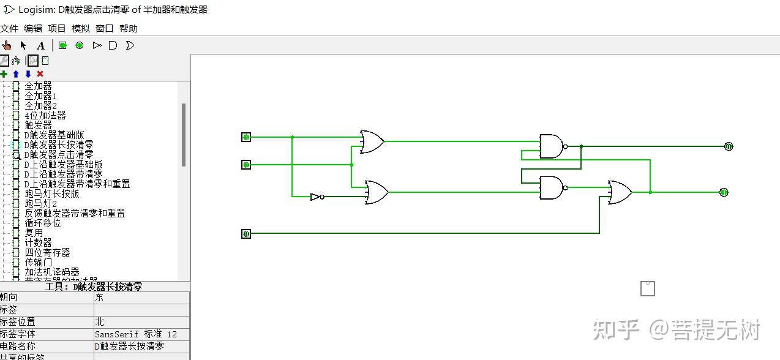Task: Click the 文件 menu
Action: click(x=9, y=28)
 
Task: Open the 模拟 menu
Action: click(x=80, y=28)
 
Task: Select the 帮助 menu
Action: click(x=128, y=28)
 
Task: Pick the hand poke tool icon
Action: click(x=7, y=45)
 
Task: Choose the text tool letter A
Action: click(x=40, y=45)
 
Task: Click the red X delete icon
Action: click(x=40, y=74)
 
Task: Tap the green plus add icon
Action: click(x=4, y=74)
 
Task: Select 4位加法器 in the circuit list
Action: click(x=45, y=116)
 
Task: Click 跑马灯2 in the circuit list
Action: click(x=40, y=204)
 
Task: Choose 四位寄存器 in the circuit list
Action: click(x=47, y=253)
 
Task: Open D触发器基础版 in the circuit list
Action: click(x=54, y=135)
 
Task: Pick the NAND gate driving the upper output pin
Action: click(x=552, y=146)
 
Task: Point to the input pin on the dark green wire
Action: click(x=246, y=233)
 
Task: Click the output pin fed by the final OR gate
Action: click(x=724, y=192)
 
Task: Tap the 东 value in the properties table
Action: click(x=99, y=298)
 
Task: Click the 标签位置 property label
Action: click(x=18, y=321)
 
